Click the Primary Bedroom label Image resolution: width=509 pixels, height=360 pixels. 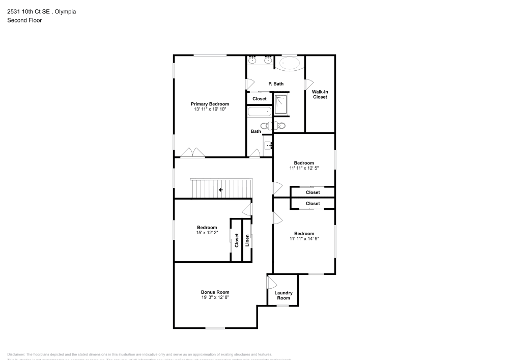pyautogui.click(x=210, y=104)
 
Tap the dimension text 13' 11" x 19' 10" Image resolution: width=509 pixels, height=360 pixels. pyautogui.click(x=210, y=109)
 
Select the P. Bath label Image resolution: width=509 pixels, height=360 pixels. pyautogui.click(x=276, y=84)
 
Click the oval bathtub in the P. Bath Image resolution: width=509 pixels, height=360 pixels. pyautogui.click(x=290, y=64)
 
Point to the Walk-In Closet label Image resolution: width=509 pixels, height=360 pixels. pyautogui.click(x=320, y=94)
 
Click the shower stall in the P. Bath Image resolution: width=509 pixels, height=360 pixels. pyautogui.click(x=281, y=104)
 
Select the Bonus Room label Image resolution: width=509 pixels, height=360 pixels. pyautogui.click(x=215, y=292)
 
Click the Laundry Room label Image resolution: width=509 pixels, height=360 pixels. pyautogui.click(x=284, y=295)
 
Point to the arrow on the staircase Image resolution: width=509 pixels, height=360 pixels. pyautogui.click(x=220, y=190)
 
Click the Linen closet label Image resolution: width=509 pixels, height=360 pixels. pyautogui.click(x=247, y=240)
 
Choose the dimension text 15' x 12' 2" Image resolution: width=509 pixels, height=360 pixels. pyautogui.click(x=207, y=233)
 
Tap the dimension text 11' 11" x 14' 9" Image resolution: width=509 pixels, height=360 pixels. pyautogui.click(x=304, y=239)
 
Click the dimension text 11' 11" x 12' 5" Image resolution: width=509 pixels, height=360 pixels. pyautogui.click(x=304, y=168)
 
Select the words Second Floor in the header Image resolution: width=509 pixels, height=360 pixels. pyautogui.click(x=24, y=20)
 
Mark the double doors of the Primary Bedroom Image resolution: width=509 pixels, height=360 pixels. pyautogui.click(x=193, y=152)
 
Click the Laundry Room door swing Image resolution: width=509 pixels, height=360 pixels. pyautogui.click(x=271, y=282)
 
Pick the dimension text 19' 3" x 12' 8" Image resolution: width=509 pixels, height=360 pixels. pyautogui.click(x=215, y=297)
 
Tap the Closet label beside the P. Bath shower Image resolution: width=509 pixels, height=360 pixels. pyautogui.click(x=260, y=99)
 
